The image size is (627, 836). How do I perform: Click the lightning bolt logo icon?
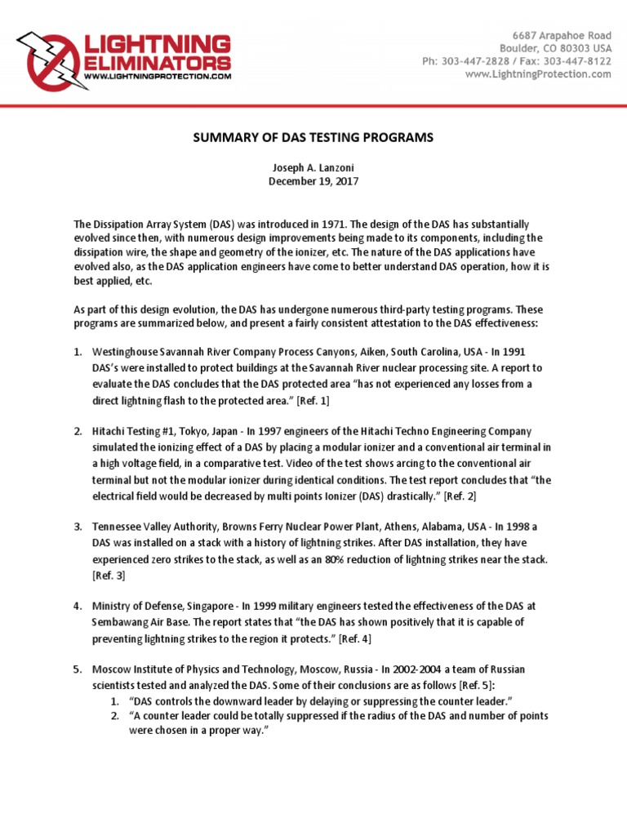click(x=47, y=60)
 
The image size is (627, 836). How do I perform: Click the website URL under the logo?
click(x=158, y=77)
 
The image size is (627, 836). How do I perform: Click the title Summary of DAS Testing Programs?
click(x=313, y=138)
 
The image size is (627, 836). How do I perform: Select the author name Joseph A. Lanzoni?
click(x=313, y=167)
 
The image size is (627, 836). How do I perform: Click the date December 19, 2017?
click(x=313, y=181)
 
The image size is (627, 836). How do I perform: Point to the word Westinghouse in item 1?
click(x=125, y=352)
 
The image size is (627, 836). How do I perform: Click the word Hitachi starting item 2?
click(x=109, y=431)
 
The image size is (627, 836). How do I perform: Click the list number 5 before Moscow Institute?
click(x=77, y=669)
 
